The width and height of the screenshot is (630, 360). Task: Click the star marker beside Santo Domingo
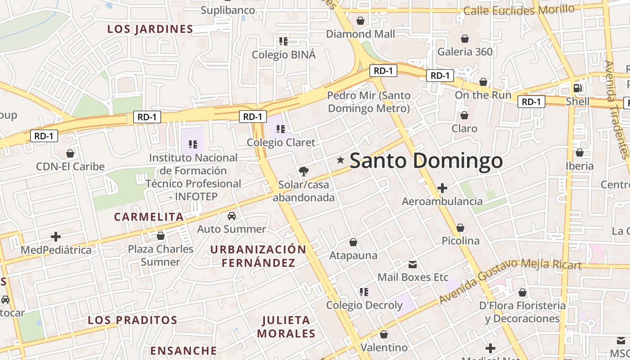(341, 160)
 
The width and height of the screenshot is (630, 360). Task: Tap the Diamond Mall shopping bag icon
(360, 21)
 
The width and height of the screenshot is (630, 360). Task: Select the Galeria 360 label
(465, 52)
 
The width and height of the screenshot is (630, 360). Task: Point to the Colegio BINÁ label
(283, 55)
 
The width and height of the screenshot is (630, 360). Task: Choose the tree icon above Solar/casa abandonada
(304, 171)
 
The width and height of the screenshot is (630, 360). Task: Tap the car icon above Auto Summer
(232, 216)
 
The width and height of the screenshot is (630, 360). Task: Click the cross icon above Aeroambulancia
(442, 188)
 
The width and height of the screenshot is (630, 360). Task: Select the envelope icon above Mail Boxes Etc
(413, 264)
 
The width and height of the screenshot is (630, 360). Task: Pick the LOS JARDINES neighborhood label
(150, 29)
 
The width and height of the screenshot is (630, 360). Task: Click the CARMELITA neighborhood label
(149, 217)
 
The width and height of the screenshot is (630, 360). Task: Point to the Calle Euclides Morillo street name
(519, 9)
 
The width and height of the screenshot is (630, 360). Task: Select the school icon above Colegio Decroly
(364, 292)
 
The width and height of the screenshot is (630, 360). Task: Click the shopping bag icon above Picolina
(460, 228)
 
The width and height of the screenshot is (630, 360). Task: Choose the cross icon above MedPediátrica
(56, 236)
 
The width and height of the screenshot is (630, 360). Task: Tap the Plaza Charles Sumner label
(161, 255)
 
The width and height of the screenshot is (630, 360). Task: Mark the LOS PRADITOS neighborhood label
(132, 320)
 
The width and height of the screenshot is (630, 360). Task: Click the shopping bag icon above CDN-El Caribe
(70, 153)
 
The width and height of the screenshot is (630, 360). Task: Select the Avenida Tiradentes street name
(618, 110)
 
